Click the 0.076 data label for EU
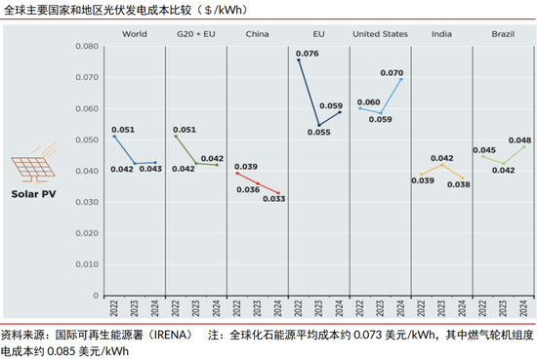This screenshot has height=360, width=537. [308, 53]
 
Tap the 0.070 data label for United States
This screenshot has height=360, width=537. [391, 72]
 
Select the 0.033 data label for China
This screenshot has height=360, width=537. [274, 198]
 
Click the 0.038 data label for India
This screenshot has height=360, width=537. [458, 183]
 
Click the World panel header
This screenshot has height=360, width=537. [133, 34]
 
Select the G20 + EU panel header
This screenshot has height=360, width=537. [197, 34]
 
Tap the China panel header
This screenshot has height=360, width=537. [258, 34]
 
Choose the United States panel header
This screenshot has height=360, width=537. [380, 34]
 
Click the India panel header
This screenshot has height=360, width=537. [442, 34]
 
